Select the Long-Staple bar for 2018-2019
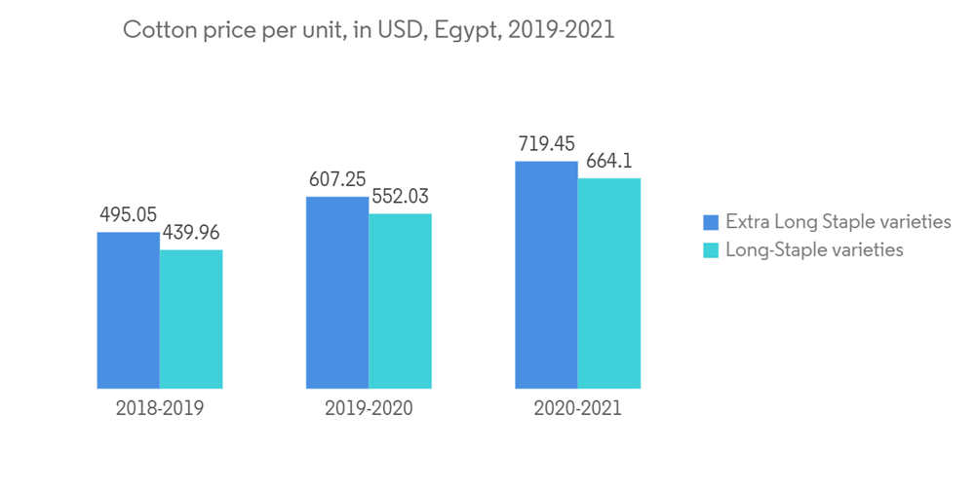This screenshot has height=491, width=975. coord(191,319)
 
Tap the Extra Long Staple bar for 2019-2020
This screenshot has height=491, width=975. coord(337,292)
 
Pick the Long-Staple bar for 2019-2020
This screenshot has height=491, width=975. coord(400,301)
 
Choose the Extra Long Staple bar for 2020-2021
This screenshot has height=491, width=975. coord(546,275)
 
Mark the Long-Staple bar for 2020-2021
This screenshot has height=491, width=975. coord(609,283)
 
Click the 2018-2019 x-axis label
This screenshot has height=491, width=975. coord(160,409)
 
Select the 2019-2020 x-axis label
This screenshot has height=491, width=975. coord(369,409)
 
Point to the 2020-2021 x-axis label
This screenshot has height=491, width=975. coord(577,409)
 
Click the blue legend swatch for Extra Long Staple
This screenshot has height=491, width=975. coord(711,222)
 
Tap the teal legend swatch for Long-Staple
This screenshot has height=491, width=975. coord(711,250)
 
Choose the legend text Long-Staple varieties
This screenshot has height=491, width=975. coord(814,250)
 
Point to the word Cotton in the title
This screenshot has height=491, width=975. coord(153,30)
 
